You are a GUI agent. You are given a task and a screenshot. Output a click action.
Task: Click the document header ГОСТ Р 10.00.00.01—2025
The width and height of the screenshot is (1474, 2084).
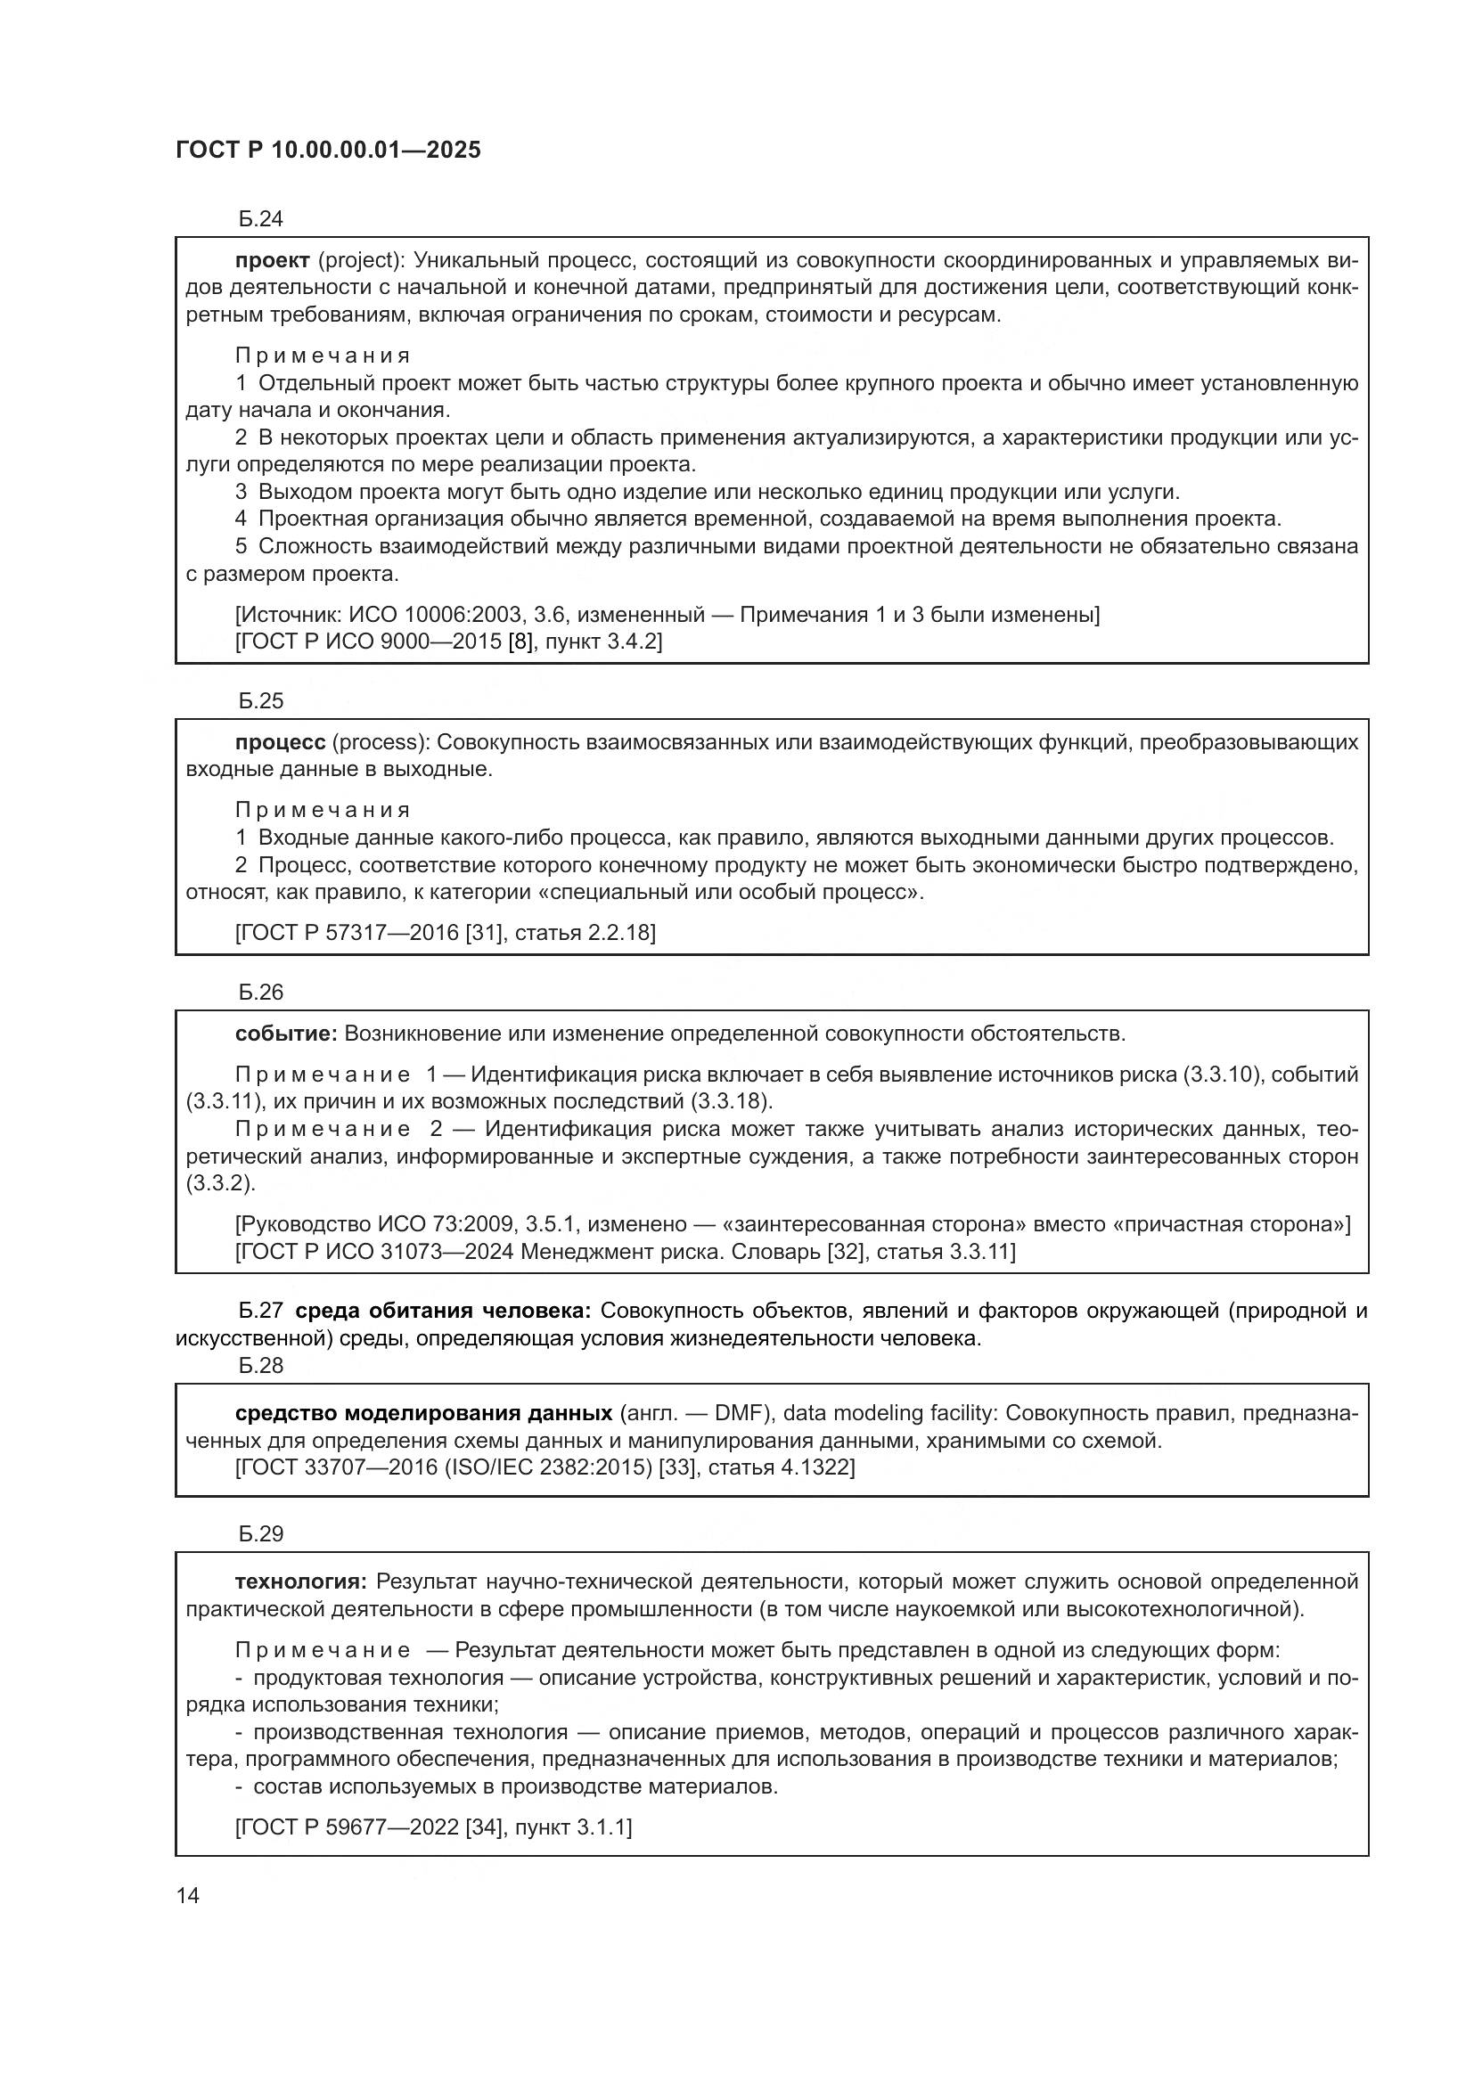pos(328,151)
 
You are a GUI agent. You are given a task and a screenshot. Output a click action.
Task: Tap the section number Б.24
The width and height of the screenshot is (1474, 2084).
pos(260,219)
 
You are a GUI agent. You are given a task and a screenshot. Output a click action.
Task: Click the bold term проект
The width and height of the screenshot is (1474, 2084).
pos(273,260)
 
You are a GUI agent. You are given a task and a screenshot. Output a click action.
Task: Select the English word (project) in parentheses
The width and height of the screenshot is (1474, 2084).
pos(359,261)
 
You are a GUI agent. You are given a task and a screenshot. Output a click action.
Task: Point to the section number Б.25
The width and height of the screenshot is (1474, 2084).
pos(260,700)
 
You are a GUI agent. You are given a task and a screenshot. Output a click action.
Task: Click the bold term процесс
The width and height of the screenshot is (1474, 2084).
pos(280,742)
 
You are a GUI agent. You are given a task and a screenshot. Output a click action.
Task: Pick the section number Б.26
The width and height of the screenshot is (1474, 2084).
pos(260,992)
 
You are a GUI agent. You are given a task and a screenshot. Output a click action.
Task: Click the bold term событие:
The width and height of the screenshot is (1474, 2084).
pos(286,1034)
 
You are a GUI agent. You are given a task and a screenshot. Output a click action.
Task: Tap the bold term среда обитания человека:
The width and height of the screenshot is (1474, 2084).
pos(443,1311)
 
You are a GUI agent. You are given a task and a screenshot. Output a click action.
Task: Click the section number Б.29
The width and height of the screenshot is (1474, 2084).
pos(260,1534)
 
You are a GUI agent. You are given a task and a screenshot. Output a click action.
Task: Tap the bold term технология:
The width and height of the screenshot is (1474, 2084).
pos(300,1582)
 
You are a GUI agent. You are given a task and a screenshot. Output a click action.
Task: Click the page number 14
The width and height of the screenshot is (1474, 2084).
pos(188,1896)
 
